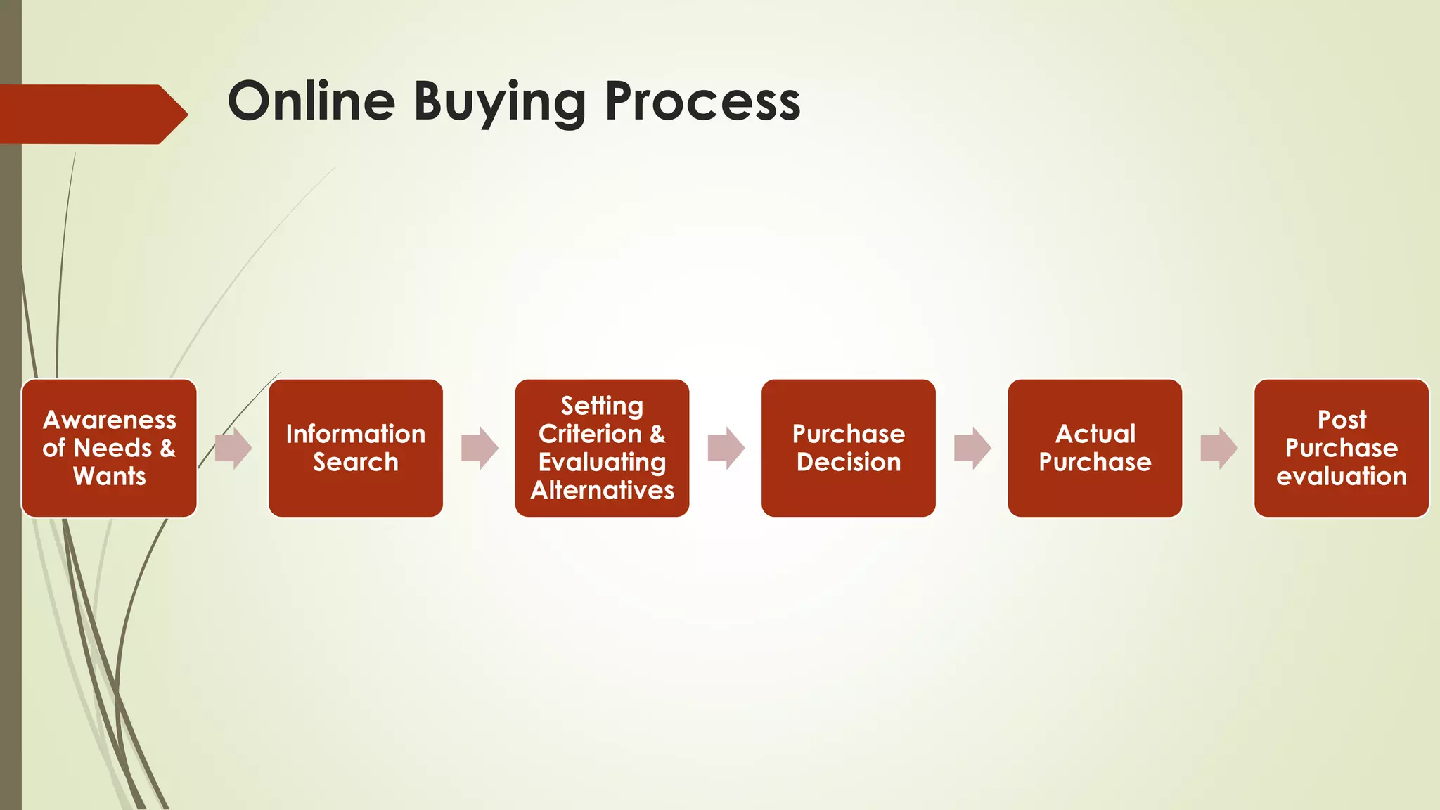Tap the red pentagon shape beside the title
tap(91, 114)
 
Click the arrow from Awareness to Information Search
tap(233, 448)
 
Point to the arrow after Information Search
tap(480, 448)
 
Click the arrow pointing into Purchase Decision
tap(726, 448)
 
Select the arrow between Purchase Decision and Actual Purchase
tap(972, 448)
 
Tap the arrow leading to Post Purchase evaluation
tap(1219, 448)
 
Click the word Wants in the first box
tap(110, 476)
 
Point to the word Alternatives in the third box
tap(602, 490)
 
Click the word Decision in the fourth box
tap(848, 462)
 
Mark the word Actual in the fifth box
tap(1095, 434)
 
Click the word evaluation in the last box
tap(1341, 476)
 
